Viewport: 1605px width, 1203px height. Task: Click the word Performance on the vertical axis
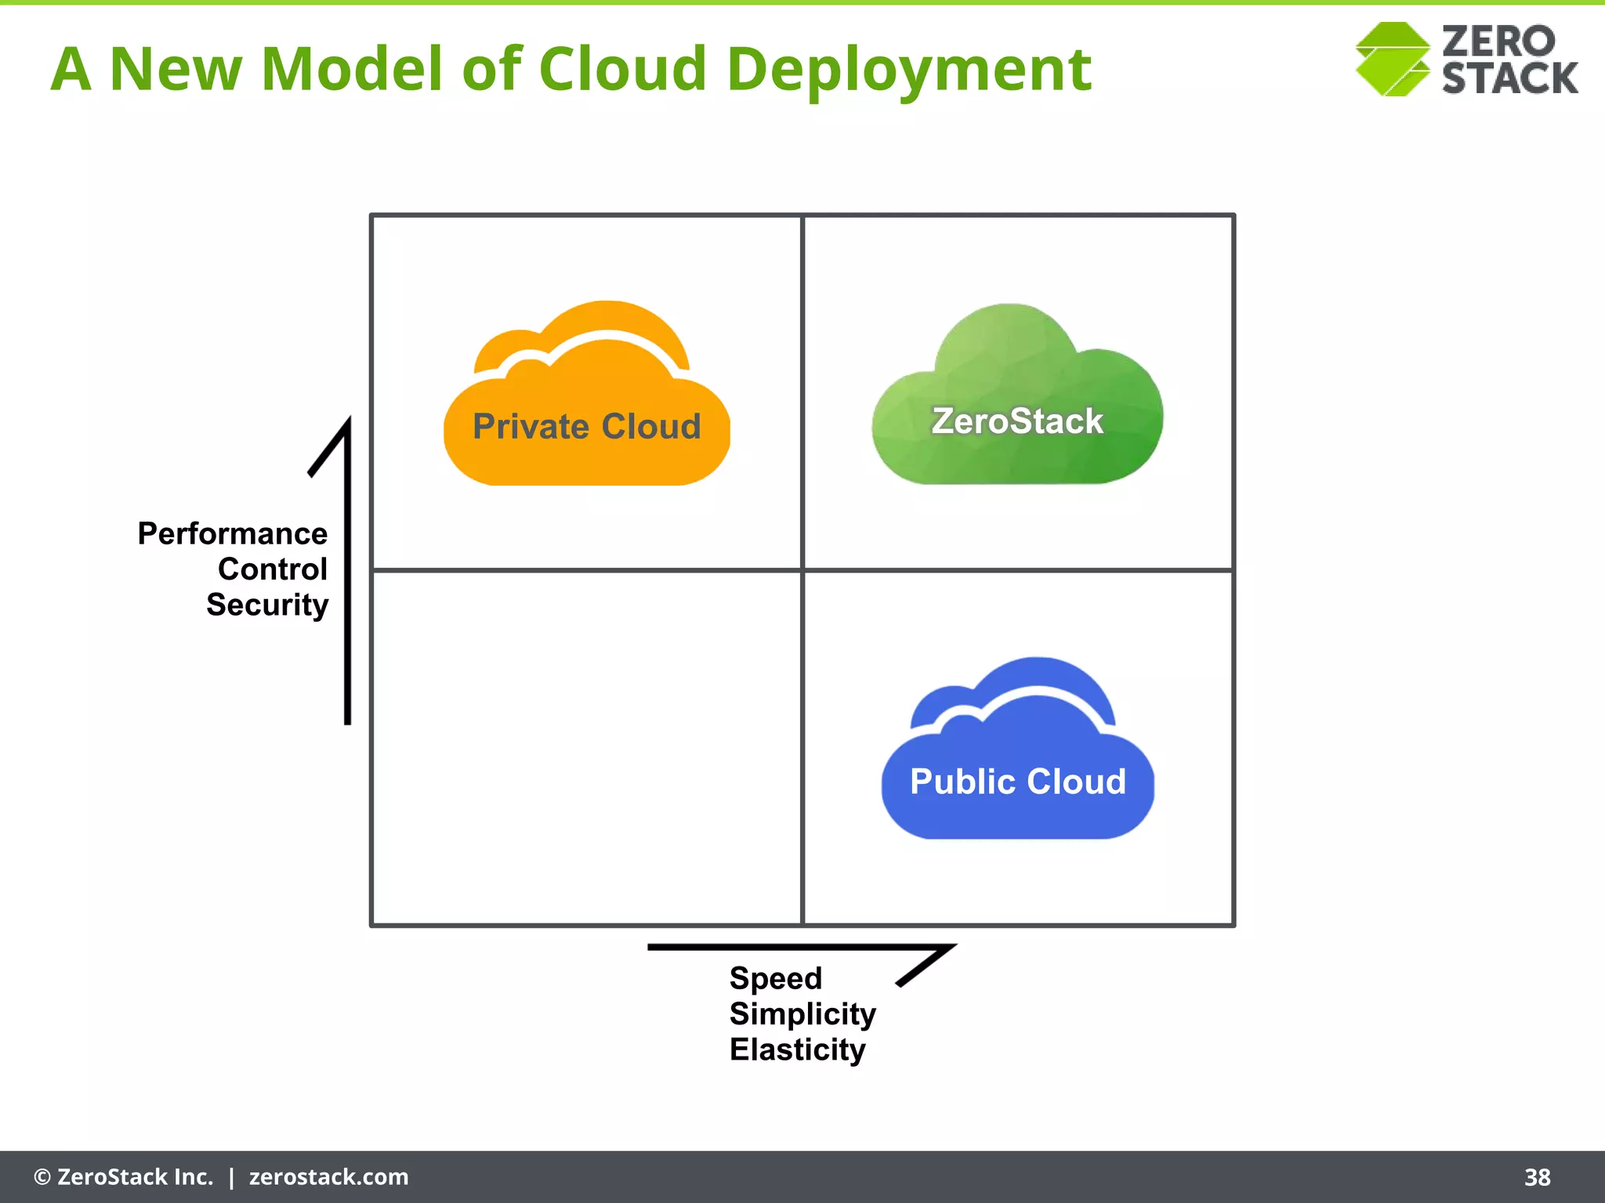[x=233, y=534]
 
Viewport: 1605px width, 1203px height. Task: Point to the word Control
[x=273, y=569]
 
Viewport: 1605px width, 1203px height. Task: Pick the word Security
[x=267, y=605]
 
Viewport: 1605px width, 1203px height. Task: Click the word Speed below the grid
[x=776, y=979]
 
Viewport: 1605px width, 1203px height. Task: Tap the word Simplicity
[x=802, y=1014]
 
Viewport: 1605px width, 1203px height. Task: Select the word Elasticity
[x=797, y=1049]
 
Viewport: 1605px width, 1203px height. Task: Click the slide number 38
[x=1537, y=1177]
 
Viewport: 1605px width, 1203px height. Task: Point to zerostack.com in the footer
[x=328, y=1177]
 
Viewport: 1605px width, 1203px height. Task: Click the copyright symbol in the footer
[x=42, y=1177]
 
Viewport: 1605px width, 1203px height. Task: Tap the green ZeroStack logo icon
[x=1393, y=60]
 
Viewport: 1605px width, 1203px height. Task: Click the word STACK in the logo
[x=1509, y=78]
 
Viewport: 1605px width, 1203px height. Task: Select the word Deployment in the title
[x=909, y=69]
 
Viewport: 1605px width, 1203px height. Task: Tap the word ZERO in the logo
[x=1498, y=41]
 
